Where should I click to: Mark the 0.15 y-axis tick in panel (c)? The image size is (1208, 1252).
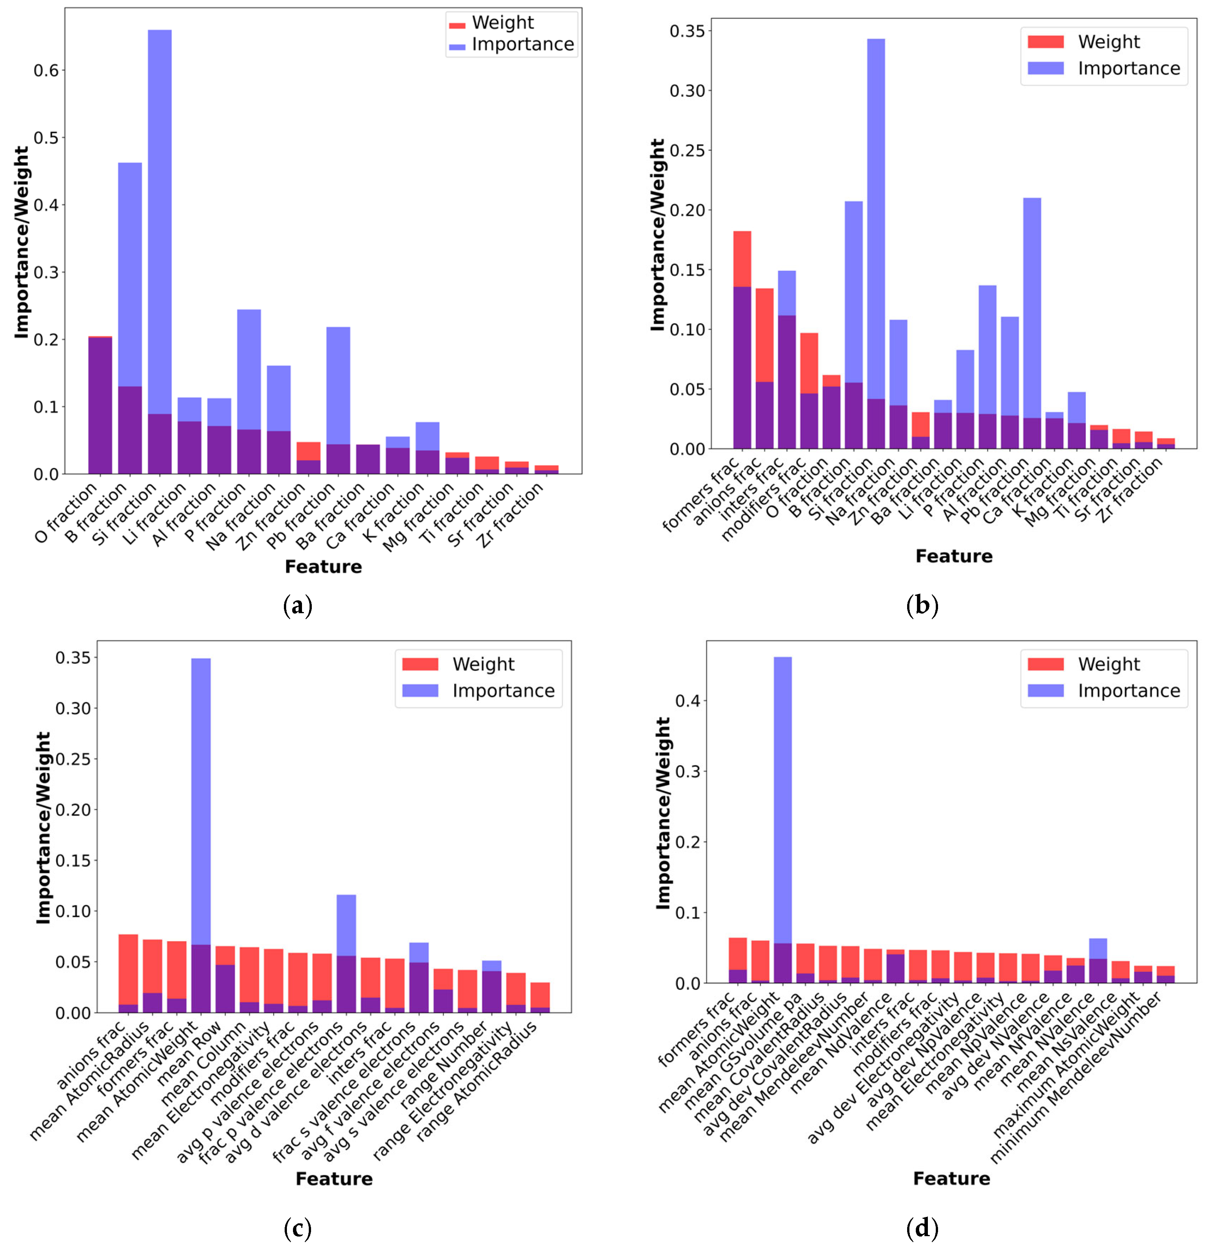tap(74, 861)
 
